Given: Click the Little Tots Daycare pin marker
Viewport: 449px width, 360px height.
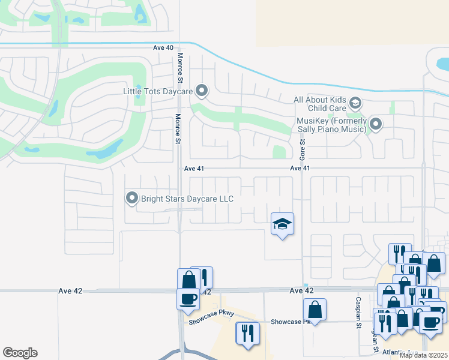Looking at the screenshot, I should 202,91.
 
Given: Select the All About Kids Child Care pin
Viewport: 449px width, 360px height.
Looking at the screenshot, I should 355,103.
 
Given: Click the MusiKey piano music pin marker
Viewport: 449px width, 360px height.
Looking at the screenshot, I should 376,124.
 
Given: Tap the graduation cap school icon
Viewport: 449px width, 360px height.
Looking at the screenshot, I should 283,224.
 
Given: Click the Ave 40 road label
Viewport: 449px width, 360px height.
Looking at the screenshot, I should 163,47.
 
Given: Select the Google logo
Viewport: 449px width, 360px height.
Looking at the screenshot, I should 20,353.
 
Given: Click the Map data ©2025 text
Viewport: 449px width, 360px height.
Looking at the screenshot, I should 423,355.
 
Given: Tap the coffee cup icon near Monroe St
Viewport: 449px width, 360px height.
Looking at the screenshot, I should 187,298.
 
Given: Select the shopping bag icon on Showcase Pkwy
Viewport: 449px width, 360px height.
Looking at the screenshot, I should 315,310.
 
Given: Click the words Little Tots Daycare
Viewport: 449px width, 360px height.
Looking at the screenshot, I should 157,91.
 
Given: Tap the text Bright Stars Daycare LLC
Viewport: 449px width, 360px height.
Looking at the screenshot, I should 187,198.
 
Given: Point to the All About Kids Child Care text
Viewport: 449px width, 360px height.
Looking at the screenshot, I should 320,104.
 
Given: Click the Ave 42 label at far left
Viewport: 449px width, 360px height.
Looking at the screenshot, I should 71,290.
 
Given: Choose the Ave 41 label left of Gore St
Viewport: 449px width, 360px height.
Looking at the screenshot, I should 194,169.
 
